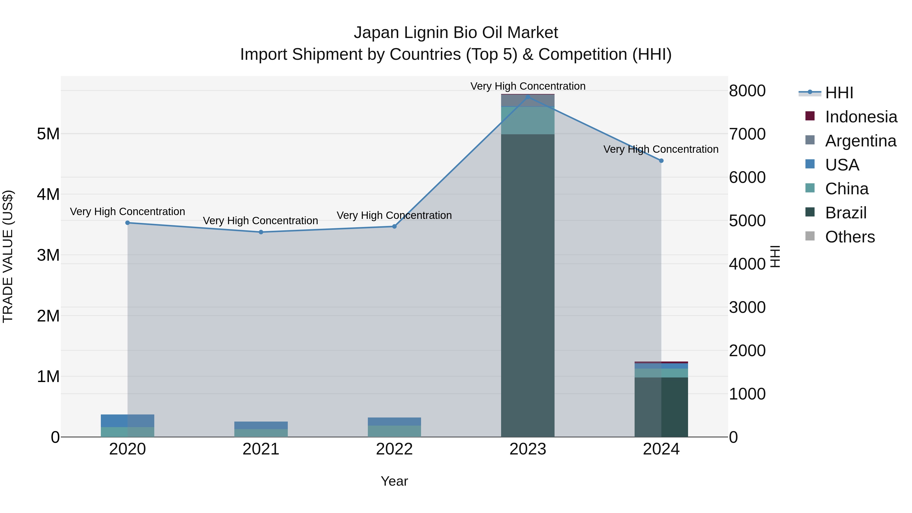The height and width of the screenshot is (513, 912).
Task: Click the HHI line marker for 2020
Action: point(127,223)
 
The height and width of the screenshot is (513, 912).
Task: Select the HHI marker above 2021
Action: point(261,232)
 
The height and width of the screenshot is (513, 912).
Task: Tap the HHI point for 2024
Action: point(661,161)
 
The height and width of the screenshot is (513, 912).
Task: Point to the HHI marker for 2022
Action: point(394,226)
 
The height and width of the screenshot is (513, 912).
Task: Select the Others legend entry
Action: point(850,237)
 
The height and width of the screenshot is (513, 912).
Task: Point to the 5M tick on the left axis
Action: point(48,134)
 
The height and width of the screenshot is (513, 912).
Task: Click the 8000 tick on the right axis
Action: point(747,91)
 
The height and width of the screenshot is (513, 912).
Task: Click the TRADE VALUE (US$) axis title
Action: point(8,256)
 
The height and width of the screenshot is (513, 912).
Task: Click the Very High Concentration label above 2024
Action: point(661,149)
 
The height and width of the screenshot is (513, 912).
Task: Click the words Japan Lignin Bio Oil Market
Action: point(456,33)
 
